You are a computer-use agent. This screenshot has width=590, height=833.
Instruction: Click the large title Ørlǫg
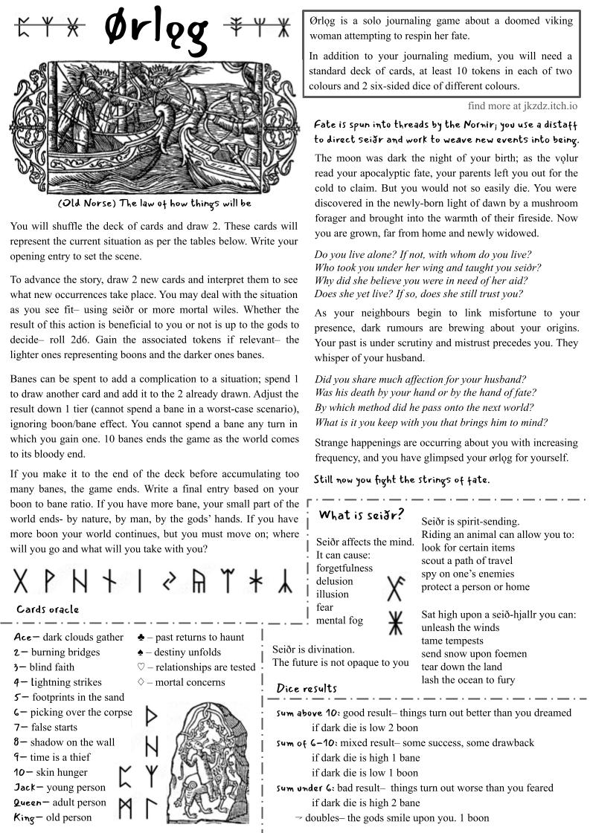[155, 31]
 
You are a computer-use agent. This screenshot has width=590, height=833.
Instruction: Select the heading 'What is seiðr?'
[361, 515]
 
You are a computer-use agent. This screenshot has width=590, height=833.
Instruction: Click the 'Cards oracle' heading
[48, 609]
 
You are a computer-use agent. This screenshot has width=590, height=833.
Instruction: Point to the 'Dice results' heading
[307, 688]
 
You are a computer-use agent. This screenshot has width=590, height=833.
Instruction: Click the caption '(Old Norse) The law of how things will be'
[154, 203]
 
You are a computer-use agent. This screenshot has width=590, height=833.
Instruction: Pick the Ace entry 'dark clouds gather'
[68, 637]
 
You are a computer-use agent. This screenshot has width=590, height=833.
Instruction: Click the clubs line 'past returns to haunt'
[191, 637]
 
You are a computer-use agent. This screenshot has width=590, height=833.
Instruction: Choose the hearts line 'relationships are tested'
[196, 667]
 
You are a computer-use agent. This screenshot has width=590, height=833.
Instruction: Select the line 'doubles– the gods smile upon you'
[392, 817]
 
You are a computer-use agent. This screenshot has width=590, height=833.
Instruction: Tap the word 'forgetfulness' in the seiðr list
[344, 568]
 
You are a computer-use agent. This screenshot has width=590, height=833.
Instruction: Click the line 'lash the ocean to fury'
[468, 679]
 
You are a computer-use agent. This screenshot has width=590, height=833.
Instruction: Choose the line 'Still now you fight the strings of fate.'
[402, 480]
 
